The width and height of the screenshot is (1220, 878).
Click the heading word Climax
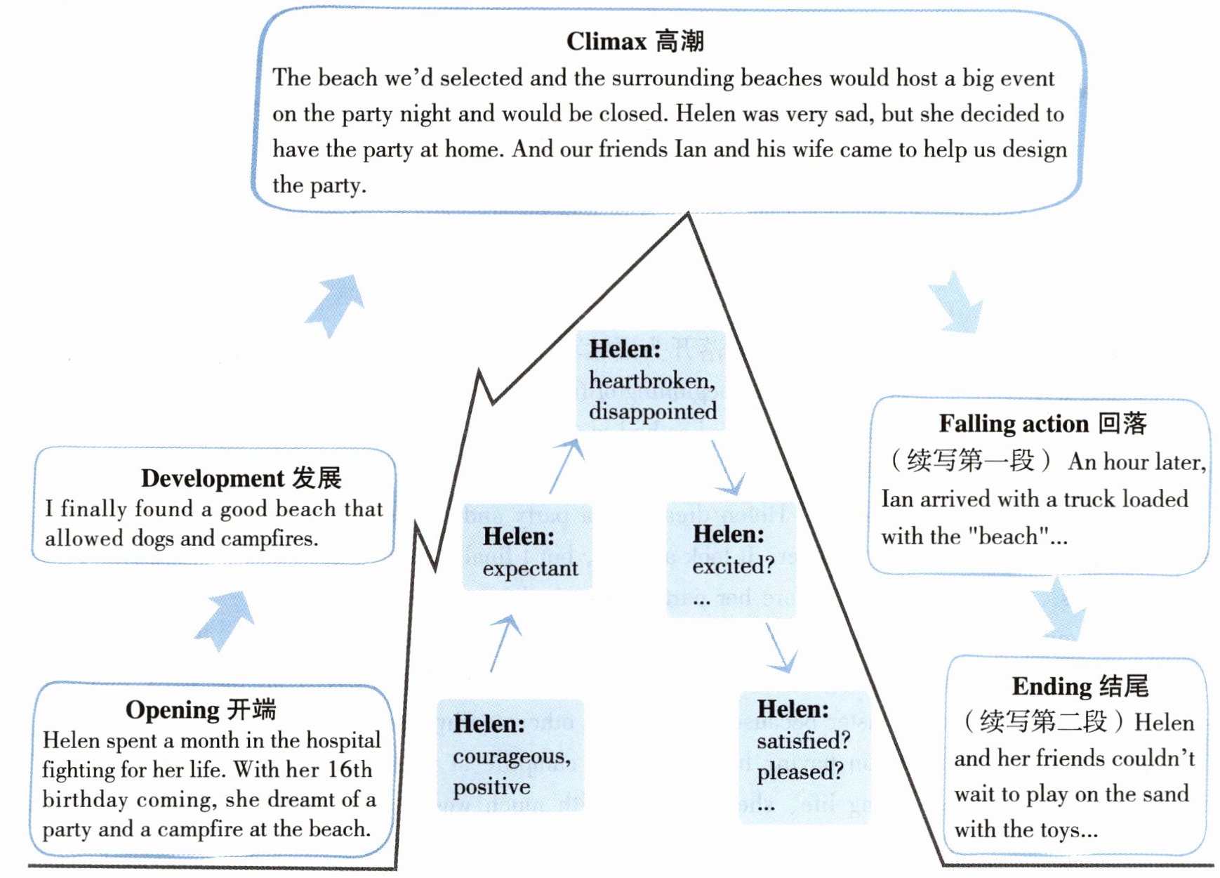click(606, 41)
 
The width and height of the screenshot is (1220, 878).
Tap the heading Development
click(212, 478)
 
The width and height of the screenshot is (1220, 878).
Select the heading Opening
click(171, 709)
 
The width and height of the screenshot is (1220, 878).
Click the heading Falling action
click(1013, 424)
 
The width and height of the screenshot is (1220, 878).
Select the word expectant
click(530, 568)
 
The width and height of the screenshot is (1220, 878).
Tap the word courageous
click(511, 756)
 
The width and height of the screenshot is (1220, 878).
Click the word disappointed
click(652, 412)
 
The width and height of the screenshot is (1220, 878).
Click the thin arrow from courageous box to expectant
click(505, 642)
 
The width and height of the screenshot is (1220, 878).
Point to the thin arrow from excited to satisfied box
click(780, 646)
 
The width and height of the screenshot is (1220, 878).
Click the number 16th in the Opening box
click(350, 770)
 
